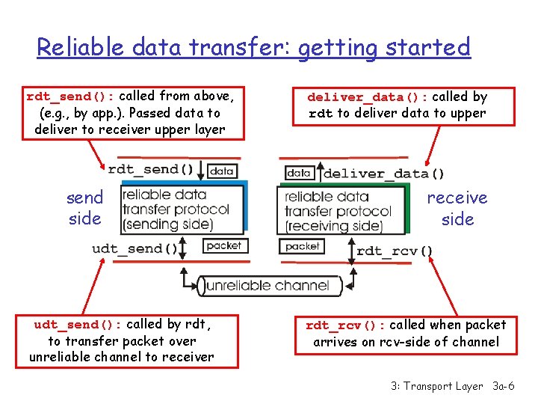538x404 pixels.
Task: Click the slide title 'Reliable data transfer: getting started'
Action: coord(253,48)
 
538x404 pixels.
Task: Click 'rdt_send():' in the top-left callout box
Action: coord(71,97)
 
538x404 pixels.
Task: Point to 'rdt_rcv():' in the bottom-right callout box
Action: coord(345,325)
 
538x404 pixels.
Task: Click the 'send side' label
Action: coord(84,208)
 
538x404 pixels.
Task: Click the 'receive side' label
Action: coord(457,208)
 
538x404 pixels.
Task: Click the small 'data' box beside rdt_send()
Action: coord(222,171)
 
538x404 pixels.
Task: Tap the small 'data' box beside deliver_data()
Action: coord(298,173)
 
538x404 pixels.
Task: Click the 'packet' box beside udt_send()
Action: coord(223,245)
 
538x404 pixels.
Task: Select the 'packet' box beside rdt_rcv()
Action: coord(302,246)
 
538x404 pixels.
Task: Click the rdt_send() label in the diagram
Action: coord(153,169)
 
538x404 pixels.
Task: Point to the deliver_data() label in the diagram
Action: coord(383,174)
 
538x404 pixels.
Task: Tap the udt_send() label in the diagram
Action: coord(135,248)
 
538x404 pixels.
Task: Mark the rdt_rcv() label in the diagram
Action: coord(395,251)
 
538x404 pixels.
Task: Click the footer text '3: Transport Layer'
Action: coord(436,386)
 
